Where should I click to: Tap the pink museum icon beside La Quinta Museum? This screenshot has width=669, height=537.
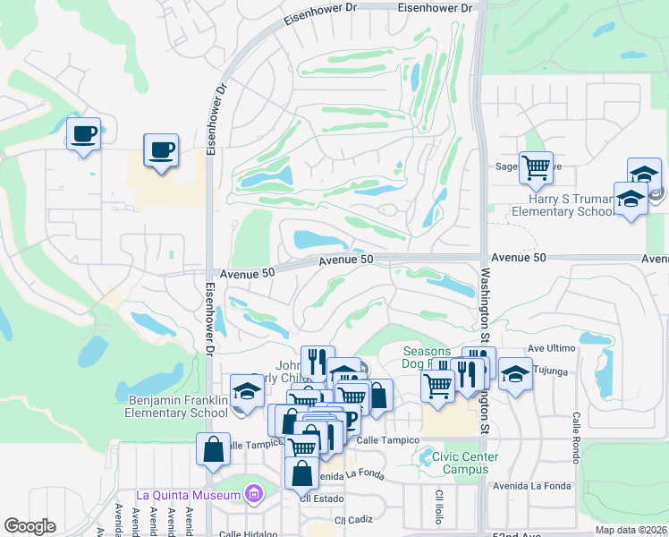pos(254,494)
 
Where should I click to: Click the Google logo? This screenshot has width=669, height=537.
pos(30,526)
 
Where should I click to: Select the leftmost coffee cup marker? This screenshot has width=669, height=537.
pos(85,134)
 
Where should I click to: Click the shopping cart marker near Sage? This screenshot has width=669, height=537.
pos(536,167)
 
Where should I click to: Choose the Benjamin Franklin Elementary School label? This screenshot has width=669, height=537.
pos(178,406)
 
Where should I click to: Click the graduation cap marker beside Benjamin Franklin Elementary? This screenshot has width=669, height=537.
pos(247,390)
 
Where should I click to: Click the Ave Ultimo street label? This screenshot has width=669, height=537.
pos(549,347)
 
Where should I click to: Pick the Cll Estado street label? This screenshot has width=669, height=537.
pos(322,499)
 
